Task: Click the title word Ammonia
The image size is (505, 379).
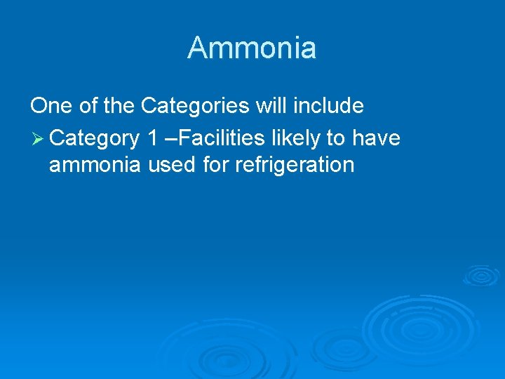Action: click(252, 48)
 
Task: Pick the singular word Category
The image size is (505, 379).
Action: click(95, 138)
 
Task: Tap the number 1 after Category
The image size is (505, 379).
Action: click(152, 138)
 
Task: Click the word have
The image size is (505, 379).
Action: click(376, 138)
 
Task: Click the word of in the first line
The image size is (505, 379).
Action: click(91, 106)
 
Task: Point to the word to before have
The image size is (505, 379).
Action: click(336, 138)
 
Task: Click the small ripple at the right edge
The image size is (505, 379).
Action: click(481, 274)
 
